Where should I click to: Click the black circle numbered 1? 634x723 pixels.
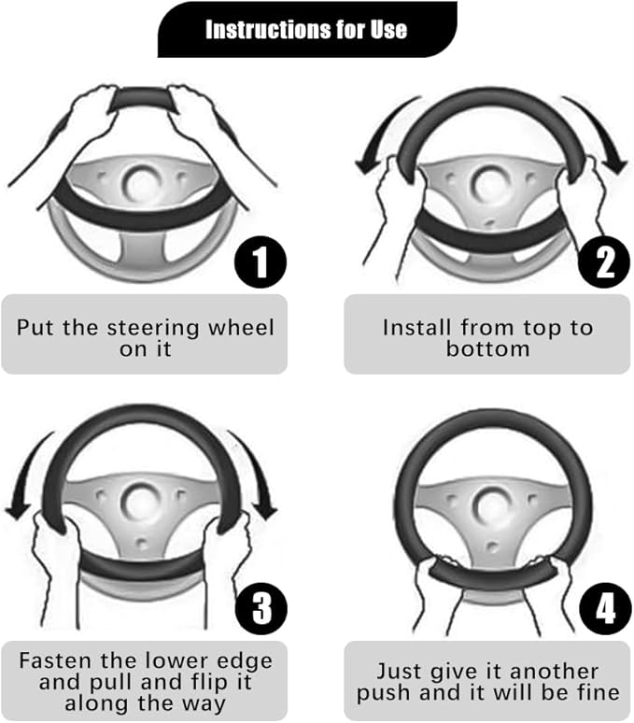261,262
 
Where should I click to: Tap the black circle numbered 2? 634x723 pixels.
604,262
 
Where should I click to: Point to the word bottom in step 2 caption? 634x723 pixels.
487,348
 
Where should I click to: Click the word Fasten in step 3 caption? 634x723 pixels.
55,660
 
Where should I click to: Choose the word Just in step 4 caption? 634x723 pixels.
396,672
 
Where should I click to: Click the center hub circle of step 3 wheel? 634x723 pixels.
140,503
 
